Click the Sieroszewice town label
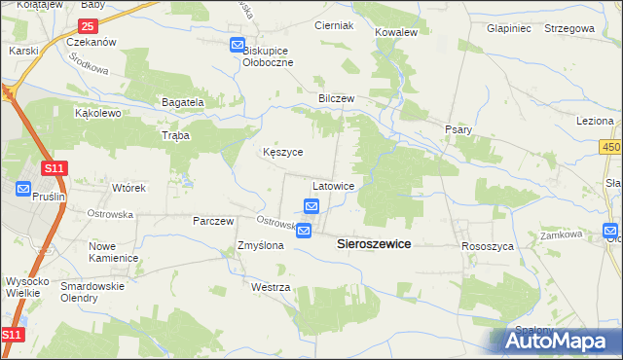tap(374, 245)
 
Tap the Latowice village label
tap(339, 185)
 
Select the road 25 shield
tap(89, 26)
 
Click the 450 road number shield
tap(610, 146)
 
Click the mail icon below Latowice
tap(311, 206)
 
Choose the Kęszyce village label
tap(283, 153)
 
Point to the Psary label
tap(458, 129)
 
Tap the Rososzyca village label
tap(487, 247)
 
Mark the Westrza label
tap(271, 288)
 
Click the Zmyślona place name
tap(261, 246)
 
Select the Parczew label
tap(213, 221)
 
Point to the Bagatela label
tap(182, 102)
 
